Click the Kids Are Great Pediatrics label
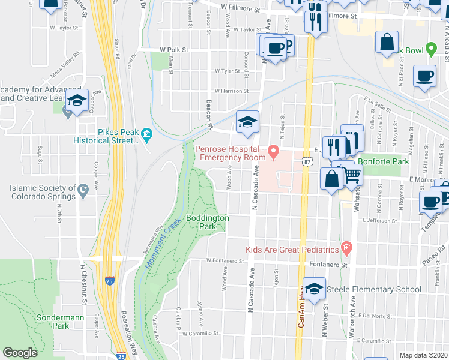coord(292,249)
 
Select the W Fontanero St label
coord(225,261)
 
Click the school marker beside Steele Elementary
coord(315,289)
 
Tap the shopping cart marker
coord(352,175)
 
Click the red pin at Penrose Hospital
coord(274,150)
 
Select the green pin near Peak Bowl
coord(430,49)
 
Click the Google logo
coord(20,353)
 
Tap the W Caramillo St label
coord(200,334)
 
